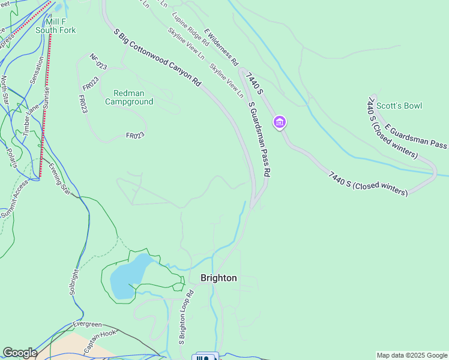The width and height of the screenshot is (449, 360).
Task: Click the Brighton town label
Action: (218, 278)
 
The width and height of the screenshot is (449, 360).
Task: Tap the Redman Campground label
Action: (129, 97)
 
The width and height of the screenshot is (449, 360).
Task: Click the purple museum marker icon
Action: (279, 122)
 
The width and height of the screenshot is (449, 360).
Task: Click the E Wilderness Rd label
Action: (221, 47)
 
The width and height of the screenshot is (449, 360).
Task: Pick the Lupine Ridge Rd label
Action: (190, 29)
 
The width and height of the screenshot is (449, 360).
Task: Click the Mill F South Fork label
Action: (55, 26)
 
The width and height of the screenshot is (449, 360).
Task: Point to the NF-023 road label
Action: (98, 62)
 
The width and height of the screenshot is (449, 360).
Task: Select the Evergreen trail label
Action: (87, 324)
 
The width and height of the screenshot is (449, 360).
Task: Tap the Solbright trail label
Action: (74, 281)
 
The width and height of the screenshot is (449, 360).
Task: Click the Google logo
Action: (20, 353)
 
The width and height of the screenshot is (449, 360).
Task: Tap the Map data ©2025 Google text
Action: (412, 355)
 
